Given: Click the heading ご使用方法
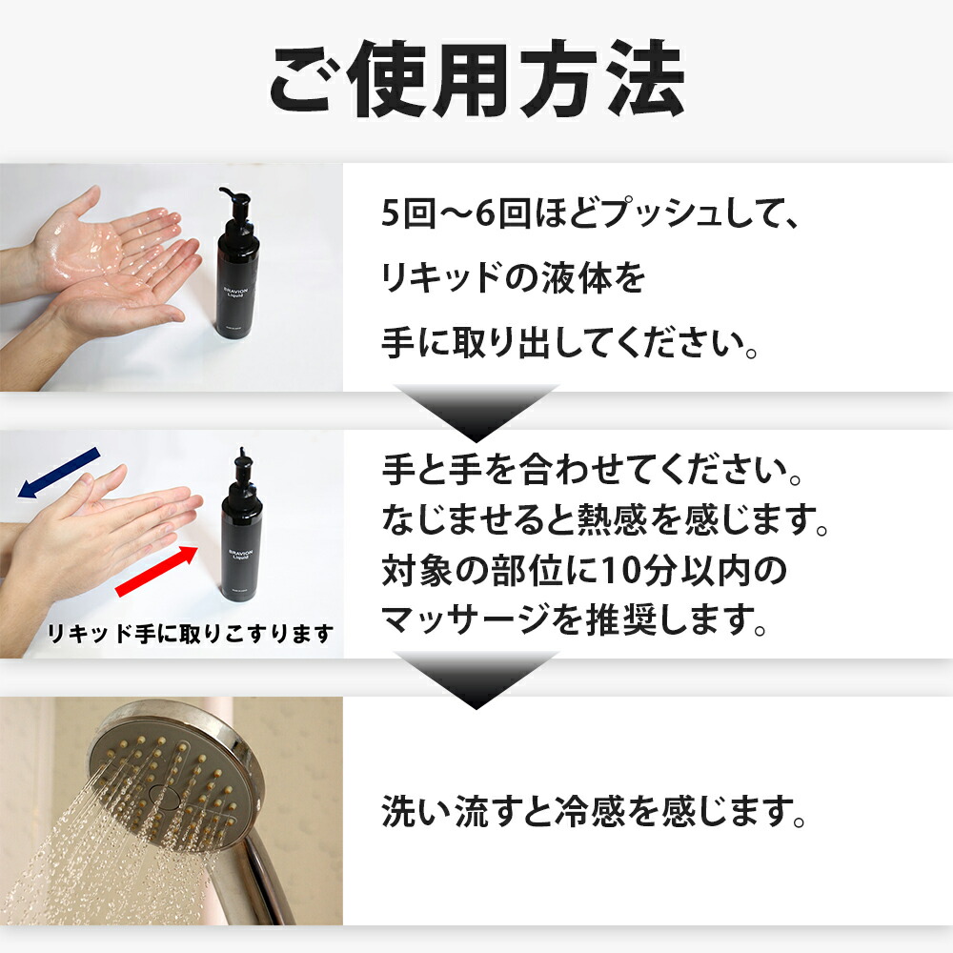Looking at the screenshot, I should [x=476, y=78].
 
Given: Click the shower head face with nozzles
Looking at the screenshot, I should [x=172, y=777].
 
